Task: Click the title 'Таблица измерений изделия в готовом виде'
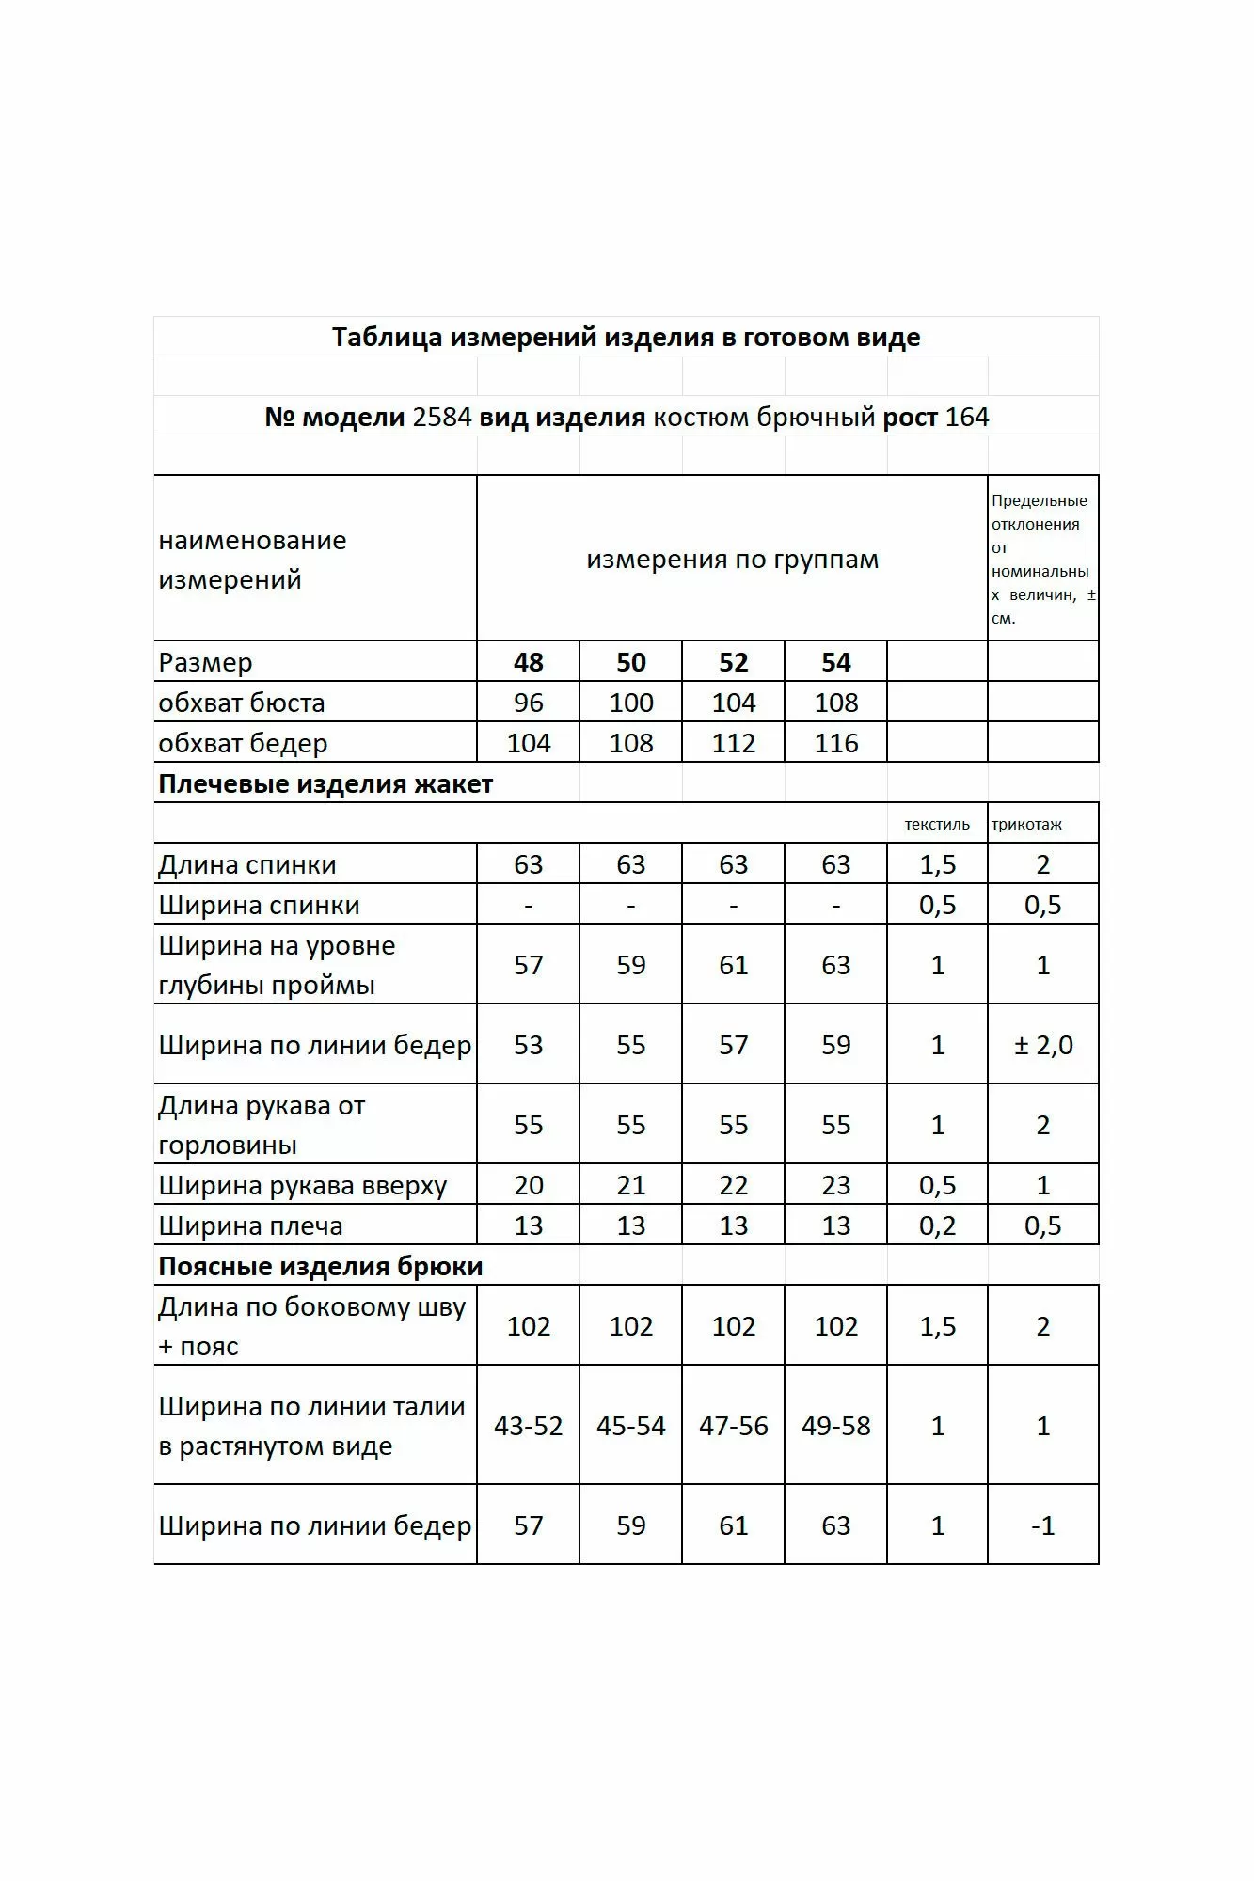626,338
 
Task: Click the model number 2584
441,418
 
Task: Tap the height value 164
967,418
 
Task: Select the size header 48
528,662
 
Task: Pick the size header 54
835,662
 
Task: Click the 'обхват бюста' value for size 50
630,703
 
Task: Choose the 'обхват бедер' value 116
835,743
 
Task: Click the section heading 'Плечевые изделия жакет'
325,783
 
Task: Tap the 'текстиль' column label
937,825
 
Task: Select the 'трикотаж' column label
1026,825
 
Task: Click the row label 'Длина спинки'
246,864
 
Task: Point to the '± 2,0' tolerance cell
1043,1045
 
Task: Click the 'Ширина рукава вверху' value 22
733,1185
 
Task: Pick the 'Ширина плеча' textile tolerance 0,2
937,1225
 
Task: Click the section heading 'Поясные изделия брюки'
321,1266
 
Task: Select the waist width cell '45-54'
630,1426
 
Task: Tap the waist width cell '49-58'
835,1426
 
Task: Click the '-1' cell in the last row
1043,1525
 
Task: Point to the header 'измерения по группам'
732,560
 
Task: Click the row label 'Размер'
205,662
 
